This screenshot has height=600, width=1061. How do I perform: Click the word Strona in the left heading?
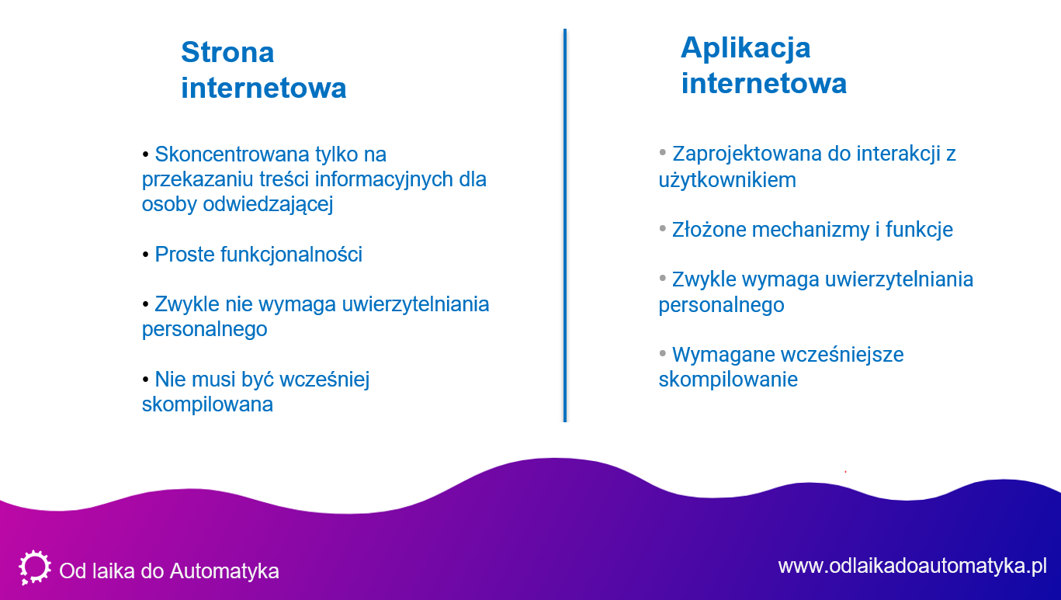click(x=227, y=52)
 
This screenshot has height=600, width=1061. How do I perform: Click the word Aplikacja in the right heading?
click(x=746, y=49)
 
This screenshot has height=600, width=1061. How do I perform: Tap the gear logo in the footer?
click(x=35, y=567)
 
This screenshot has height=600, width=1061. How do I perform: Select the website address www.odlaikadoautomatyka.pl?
click(x=912, y=567)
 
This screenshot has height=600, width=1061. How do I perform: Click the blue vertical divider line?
click(x=564, y=225)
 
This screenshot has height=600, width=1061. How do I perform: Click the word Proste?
click(x=185, y=255)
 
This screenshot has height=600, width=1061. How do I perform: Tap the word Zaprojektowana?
click(x=747, y=154)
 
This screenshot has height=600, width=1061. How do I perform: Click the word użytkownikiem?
click(x=727, y=180)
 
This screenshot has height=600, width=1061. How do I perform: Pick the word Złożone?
click(x=709, y=230)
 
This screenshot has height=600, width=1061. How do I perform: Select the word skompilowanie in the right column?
click(x=728, y=380)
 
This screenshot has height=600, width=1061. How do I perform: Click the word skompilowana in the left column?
click(x=207, y=405)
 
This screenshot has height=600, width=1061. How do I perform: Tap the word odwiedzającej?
click(x=268, y=205)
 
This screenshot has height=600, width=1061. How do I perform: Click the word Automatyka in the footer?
click(x=224, y=571)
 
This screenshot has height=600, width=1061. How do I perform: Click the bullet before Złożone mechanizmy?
click(x=663, y=228)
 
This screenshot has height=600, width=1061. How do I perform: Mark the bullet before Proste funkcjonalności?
click(x=145, y=255)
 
